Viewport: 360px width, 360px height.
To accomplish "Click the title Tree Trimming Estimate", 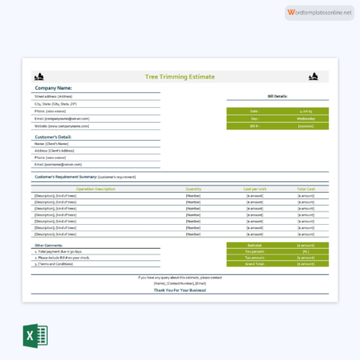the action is click(x=180, y=77).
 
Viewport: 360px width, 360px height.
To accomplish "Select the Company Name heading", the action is click(x=53, y=87).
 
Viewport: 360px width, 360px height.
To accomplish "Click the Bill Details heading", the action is click(x=277, y=96).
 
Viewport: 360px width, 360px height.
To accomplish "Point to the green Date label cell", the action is click(x=254, y=110).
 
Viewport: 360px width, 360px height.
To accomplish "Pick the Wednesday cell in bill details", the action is click(x=305, y=118).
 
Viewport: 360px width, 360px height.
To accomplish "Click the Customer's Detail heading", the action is click(x=53, y=137).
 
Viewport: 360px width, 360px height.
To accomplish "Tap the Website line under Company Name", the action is click(x=63, y=126).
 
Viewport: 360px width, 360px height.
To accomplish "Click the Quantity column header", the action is click(x=194, y=189).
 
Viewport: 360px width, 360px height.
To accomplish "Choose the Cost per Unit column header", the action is click(x=255, y=189).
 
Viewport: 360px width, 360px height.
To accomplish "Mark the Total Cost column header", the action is click(x=306, y=189).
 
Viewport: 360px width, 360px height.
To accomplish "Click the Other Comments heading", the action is click(x=49, y=245).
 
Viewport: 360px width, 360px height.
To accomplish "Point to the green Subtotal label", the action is click(x=254, y=245).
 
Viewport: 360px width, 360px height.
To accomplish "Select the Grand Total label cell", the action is click(x=254, y=264).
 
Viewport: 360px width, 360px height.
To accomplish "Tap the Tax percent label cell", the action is click(x=254, y=251).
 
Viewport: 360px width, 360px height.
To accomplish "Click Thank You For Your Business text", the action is click(x=180, y=291).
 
